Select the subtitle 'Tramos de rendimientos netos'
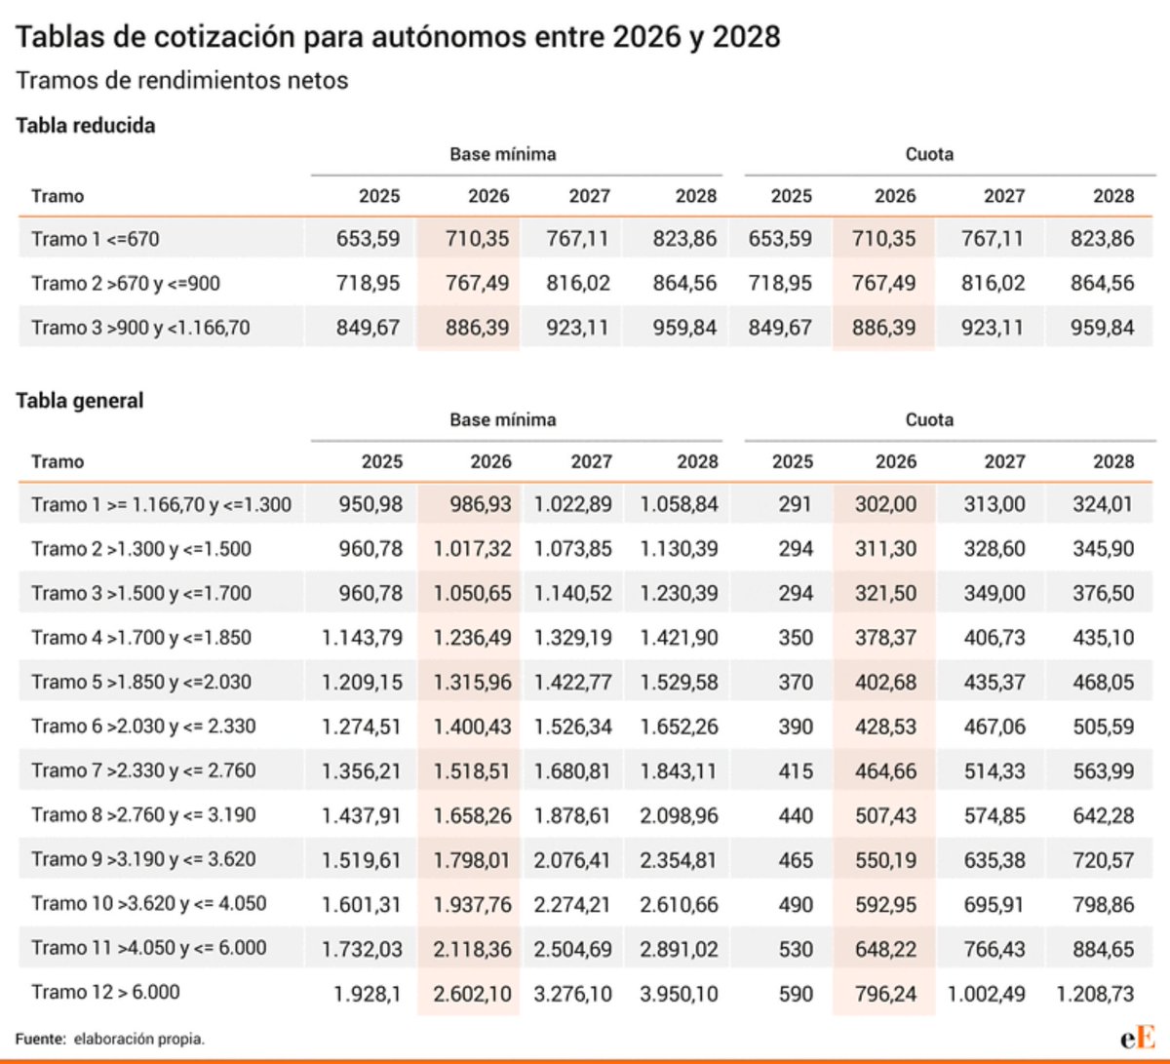[182, 81]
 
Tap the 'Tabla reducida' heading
[86, 126]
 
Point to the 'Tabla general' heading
[80, 401]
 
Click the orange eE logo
[1138, 1038]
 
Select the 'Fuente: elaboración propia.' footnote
[110, 1040]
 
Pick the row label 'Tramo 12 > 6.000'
[105, 993]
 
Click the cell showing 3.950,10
[679, 994]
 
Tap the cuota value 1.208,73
[1095, 994]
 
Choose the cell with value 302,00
[885, 505]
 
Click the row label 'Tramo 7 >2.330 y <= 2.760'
[143, 771]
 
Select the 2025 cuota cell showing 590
[796, 994]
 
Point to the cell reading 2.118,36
[472, 949]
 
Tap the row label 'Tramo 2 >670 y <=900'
[126, 284]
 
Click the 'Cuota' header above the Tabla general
[929, 420]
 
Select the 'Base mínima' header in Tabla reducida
[503, 154]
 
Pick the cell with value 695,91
[994, 904]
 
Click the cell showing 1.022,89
[572, 505]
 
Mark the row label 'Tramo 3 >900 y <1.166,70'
[140, 328]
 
